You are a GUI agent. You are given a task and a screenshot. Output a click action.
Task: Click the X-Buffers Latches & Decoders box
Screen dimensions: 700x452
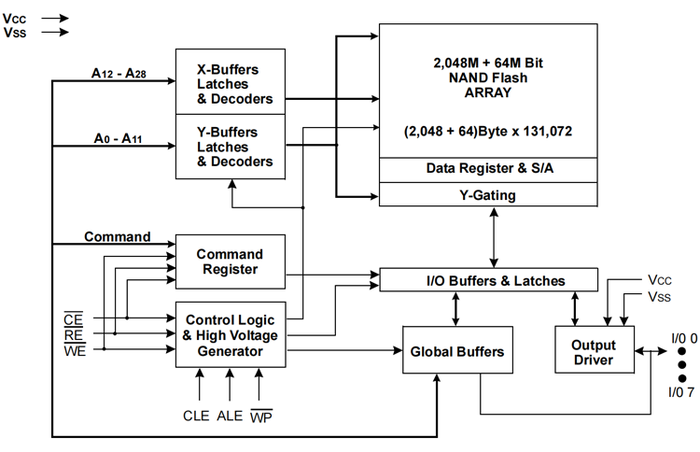[x=231, y=82]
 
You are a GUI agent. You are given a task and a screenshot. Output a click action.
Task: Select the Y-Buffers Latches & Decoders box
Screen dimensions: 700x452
[x=231, y=147]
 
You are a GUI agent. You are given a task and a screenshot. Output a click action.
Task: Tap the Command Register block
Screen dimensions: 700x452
[x=231, y=261]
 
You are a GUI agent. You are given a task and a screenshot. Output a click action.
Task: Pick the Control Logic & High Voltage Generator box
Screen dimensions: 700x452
[x=231, y=335]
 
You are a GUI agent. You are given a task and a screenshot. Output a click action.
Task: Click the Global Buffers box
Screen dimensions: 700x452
[x=457, y=349]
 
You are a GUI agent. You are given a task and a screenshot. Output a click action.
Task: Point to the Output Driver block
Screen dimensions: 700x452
[x=595, y=349]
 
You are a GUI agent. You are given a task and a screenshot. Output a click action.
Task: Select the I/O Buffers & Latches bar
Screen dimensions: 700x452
[x=488, y=280]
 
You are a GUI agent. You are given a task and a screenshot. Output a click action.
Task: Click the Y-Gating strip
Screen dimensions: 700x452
[x=488, y=195]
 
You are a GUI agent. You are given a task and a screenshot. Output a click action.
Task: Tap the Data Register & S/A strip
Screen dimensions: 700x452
[x=488, y=170]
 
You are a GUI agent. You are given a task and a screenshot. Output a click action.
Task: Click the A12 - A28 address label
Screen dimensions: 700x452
[x=119, y=73]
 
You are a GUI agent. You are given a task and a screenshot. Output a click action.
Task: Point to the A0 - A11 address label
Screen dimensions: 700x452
[x=118, y=138]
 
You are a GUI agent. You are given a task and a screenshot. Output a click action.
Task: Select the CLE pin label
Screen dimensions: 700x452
[x=196, y=416]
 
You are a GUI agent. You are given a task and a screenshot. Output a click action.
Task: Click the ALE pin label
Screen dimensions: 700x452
[x=230, y=416]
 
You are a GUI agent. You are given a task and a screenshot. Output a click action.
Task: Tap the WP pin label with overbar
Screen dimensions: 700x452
[x=261, y=417]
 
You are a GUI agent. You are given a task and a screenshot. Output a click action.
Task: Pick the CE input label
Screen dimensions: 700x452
[x=73, y=318]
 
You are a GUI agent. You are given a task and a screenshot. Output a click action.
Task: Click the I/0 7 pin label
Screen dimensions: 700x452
[x=681, y=392]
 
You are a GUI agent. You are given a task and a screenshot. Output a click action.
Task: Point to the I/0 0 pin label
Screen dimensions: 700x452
[x=684, y=339]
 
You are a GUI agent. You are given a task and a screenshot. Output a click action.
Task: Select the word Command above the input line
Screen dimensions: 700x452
[x=118, y=236]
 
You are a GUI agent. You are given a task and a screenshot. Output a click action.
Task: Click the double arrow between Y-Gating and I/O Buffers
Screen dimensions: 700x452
[x=494, y=237]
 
